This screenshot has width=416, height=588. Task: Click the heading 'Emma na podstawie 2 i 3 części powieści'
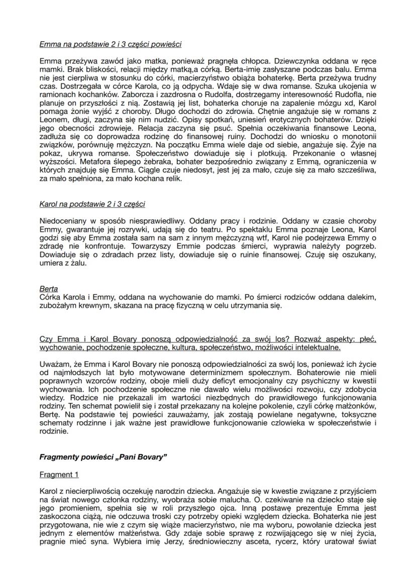[x=110, y=44]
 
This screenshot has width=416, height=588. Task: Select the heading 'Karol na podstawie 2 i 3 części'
[x=92, y=204]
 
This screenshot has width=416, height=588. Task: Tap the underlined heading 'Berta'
[x=48, y=289]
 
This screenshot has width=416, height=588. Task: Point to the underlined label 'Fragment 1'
[x=59, y=475]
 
